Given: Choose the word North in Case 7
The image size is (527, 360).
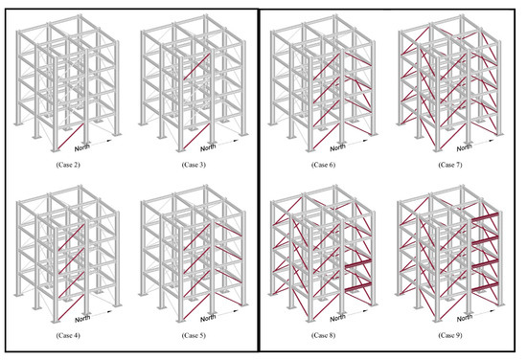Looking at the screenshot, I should coord(465,148).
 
